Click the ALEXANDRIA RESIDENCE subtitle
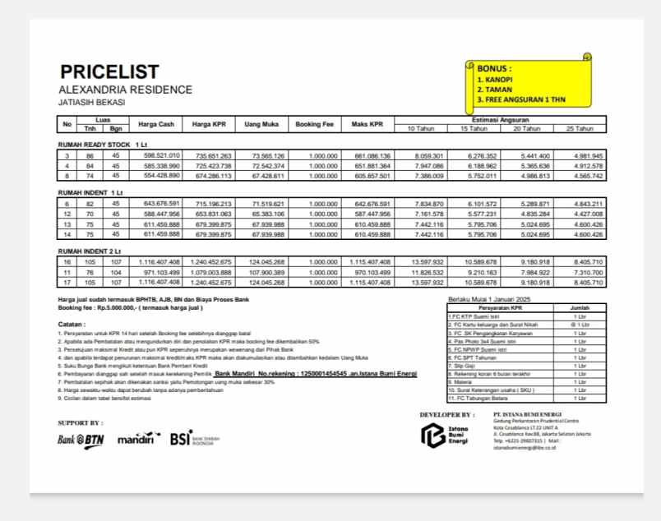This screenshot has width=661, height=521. (x=125, y=90)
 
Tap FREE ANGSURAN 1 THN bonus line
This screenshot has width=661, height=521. (x=521, y=99)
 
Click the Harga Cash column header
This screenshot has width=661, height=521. (x=156, y=124)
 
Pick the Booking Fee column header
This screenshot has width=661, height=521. (x=314, y=124)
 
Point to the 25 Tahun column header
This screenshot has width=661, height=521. (x=580, y=128)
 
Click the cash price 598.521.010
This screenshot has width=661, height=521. (x=161, y=155)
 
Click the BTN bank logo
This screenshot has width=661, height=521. (x=81, y=439)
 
